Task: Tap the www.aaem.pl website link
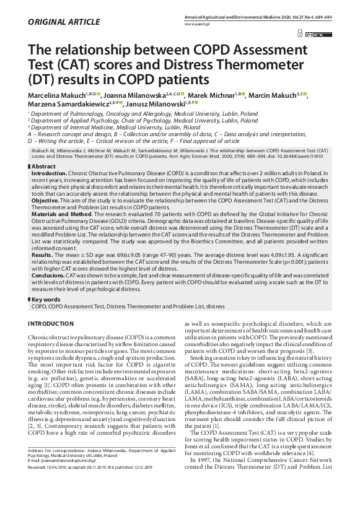click(x=197, y=24)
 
